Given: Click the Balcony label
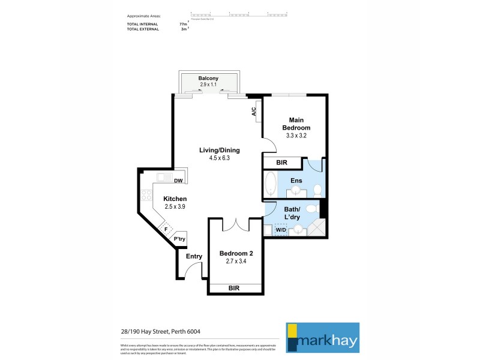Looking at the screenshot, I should pyautogui.click(x=208, y=79).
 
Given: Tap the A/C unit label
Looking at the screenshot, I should pyautogui.click(x=254, y=112).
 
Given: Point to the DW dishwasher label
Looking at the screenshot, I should pyautogui.click(x=178, y=181).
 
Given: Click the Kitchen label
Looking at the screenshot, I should pyautogui.click(x=175, y=199).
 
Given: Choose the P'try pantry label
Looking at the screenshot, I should pyautogui.click(x=179, y=239).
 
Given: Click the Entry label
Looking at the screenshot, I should pyautogui.click(x=194, y=256).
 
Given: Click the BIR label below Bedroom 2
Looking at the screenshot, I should pyautogui.click(x=235, y=288).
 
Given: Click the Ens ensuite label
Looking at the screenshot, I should pyautogui.click(x=296, y=180).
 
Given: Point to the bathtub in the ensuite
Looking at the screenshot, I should pyautogui.click(x=271, y=184).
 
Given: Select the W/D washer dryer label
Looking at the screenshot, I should pyautogui.click(x=281, y=229).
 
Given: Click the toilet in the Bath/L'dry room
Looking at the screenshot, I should pyautogui.click(x=310, y=209).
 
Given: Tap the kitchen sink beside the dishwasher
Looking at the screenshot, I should pyautogui.click(x=164, y=178).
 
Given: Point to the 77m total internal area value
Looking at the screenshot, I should pyautogui.click(x=183, y=24).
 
